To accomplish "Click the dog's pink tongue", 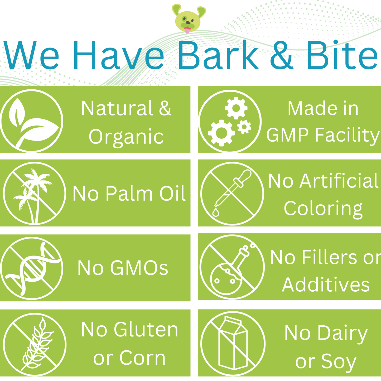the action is click(x=187, y=30).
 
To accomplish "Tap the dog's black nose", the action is click(x=188, y=23).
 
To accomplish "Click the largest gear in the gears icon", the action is click(x=221, y=133).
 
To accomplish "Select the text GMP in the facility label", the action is click(x=287, y=135).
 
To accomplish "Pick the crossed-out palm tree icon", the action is click(x=34, y=193).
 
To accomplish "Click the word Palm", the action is click(x=129, y=194).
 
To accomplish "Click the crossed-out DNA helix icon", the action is click(x=32, y=268).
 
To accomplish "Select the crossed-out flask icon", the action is click(x=232, y=267).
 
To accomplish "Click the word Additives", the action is click(x=326, y=284).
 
